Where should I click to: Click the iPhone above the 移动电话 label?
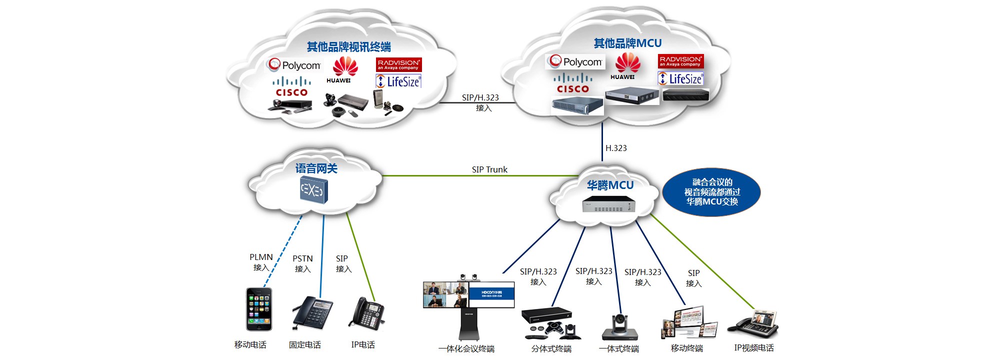coord(259,309)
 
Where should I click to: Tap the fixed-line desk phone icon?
coord(312,312)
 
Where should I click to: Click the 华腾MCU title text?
coord(610,185)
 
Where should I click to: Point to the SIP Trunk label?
coord(489,169)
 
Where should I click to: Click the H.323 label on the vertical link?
coord(616,148)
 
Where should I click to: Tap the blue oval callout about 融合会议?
coord(711,192)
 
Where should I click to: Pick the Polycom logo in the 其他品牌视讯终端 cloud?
coord(294,65)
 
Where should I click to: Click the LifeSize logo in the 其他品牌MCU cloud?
coord(681,79)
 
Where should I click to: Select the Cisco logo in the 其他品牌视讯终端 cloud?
coord(291,86)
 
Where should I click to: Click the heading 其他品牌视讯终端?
coord(348,47)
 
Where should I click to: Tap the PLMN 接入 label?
coord(261,262)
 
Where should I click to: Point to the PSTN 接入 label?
coord(302,263)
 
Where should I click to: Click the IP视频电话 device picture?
coord(753,324)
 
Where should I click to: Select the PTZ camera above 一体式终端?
coord(620,327)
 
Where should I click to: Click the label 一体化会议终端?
coord(466,348)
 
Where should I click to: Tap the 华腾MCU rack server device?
coord(608,204)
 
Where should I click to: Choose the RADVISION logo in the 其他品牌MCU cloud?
coord(680,61)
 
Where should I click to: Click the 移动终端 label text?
coord(686,348)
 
